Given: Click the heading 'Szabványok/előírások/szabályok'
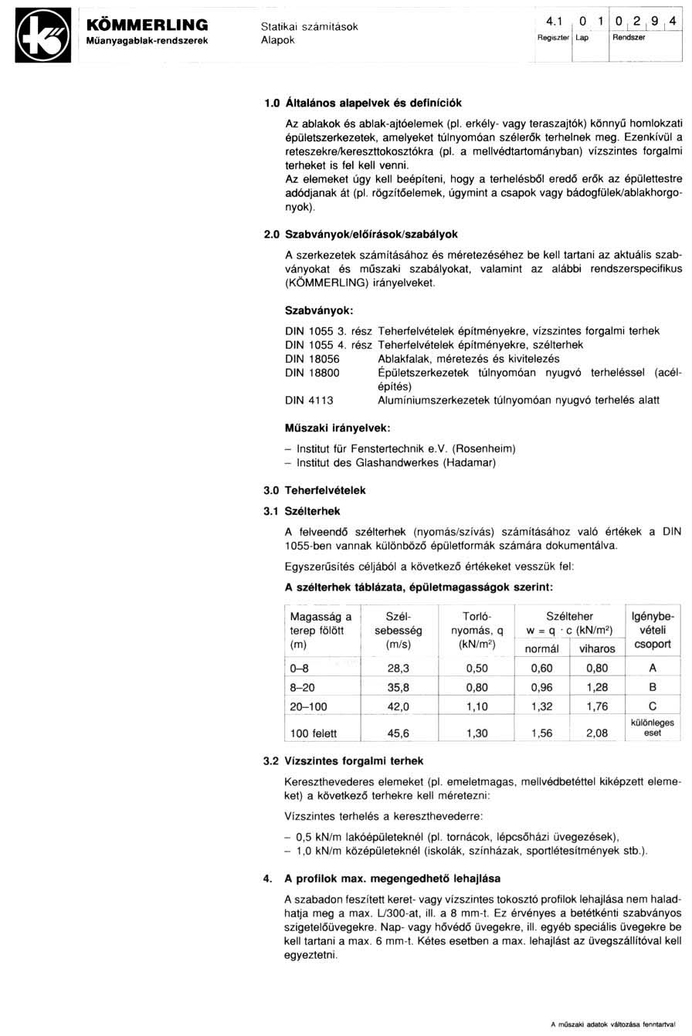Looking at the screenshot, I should point(375,233).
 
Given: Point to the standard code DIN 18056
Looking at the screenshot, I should point(312,359).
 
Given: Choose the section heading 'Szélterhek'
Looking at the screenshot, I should point(312,510).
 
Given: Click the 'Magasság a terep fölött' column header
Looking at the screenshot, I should point(321,630).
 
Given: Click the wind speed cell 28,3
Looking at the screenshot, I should point(399,668).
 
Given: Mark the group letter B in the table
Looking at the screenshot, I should point(653,686).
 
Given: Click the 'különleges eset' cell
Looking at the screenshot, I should point(653,728).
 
